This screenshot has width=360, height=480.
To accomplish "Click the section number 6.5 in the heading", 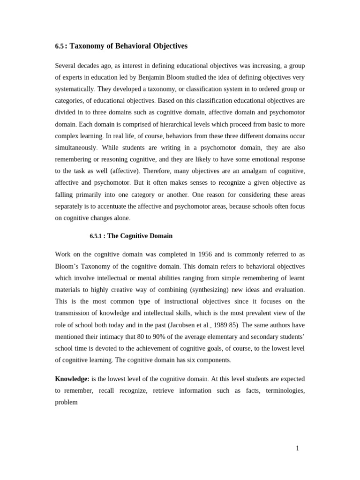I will click(x=59, y=46).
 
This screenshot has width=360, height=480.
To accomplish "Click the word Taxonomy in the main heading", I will click(x=86, y=46).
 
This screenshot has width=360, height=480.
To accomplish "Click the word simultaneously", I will click(x=75, y=147).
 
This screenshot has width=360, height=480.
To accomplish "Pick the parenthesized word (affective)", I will click(x=125, y=171).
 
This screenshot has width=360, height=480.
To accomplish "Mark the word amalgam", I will click(x=251, y=171).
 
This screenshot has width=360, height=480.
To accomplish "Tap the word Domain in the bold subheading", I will click(x=161, y=236).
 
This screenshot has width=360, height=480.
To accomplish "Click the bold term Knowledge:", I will click(x=72, y=379).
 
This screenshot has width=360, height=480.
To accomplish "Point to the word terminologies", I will click(x=285, y=390).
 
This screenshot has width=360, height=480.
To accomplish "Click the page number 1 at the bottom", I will click(x=297, y=448).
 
